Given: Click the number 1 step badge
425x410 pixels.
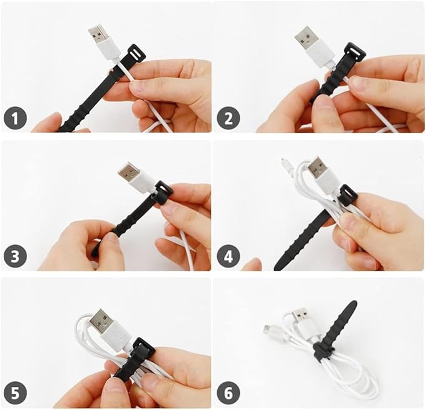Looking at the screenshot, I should pyautogui.click(x=16, y=117).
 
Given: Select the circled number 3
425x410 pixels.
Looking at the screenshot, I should pyautogui.click(x=16, y=256).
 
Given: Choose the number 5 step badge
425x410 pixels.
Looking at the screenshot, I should pyautogui.click(x=16, y=394).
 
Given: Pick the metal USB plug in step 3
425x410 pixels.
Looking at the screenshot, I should pyautogui.click(x=129, y=171).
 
